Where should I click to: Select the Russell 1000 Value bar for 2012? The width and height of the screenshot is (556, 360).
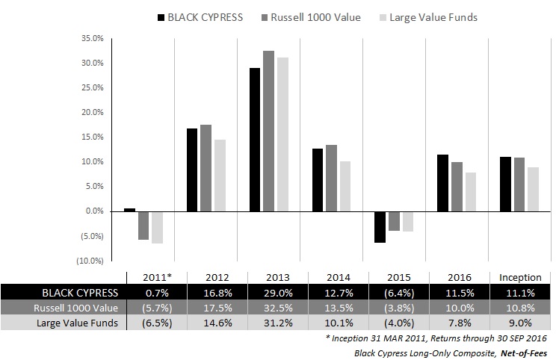pos(206,168)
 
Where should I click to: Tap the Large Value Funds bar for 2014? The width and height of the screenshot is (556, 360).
pos(345,186)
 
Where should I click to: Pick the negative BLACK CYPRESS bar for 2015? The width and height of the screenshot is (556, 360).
pos(380,227)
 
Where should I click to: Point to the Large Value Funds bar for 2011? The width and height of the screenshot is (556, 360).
pos(157,227)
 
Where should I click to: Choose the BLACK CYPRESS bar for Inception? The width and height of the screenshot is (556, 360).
pos(505,184)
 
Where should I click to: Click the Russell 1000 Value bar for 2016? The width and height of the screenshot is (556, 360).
pos(457,187)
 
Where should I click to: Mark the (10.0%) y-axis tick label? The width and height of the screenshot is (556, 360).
pos(91,261)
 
